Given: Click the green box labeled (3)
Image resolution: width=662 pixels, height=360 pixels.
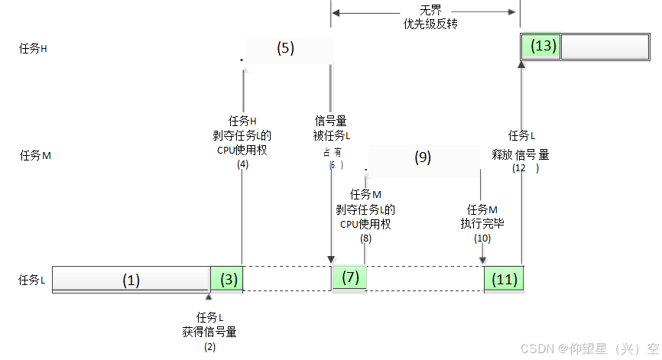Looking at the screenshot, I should (x=227, y=279).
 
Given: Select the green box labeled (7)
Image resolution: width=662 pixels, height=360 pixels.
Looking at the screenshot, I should (x=350, y=277).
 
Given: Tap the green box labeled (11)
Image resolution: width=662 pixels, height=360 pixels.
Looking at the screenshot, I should (x=504, y=279).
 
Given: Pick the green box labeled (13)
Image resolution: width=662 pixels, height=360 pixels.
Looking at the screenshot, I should (x=541, y=46).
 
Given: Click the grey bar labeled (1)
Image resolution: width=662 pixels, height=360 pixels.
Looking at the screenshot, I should (x=131, y=280).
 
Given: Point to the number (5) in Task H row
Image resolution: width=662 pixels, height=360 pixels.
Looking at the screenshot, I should (x=284, y=48).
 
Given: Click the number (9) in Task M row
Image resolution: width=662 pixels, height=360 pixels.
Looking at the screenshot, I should (x=423, y=157).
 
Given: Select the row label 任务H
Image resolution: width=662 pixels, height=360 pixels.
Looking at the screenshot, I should (x=33, y=48).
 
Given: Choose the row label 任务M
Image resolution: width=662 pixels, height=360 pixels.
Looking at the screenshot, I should (x=35, y=155).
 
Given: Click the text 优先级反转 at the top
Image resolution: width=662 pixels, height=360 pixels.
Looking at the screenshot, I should (x=430, y=24).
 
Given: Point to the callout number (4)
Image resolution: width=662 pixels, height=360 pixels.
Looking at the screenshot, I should (x=243, y=164).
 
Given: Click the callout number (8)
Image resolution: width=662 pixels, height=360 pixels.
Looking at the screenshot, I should (x=365, y=238).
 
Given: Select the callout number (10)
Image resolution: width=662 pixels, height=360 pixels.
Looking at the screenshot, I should (x=482, y=238).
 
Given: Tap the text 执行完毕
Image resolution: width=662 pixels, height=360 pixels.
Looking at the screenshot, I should (x=482, y=223).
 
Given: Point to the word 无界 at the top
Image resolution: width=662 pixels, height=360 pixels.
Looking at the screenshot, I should (x=430, y=10).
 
